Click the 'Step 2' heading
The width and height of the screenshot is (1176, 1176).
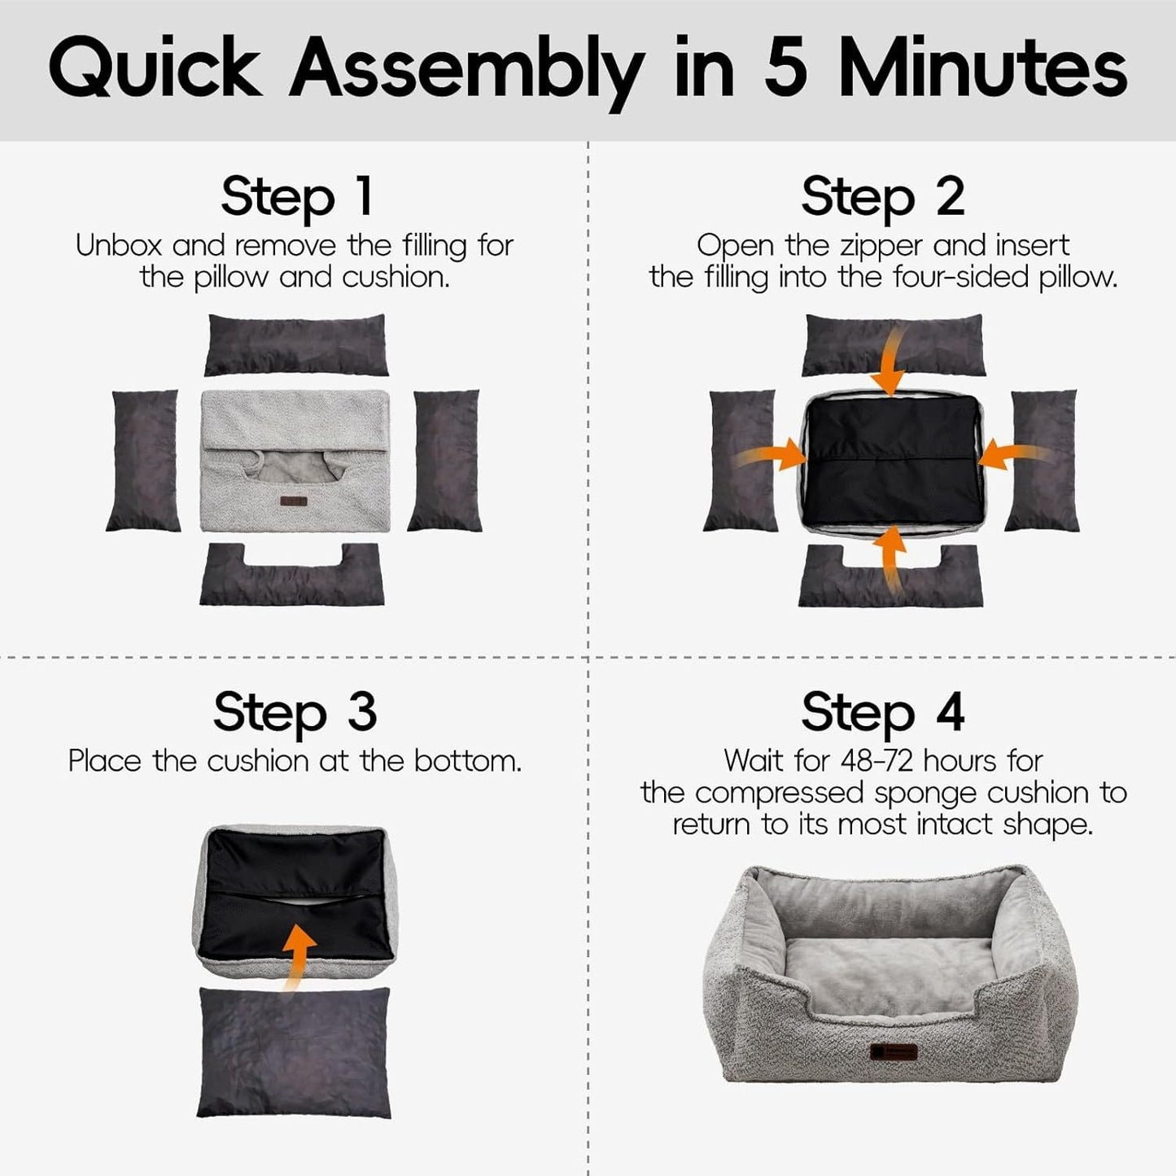click(x=882, y=197)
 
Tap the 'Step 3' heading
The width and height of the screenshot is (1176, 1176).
click(x=295, y=712)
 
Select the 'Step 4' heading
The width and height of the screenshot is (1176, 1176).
click(x=882, y=712)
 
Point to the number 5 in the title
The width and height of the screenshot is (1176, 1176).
click(x=785, y=69)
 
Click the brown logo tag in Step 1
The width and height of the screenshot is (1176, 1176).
click(x=293, y=501)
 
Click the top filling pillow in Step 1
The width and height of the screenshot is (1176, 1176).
click(x=296, y=344)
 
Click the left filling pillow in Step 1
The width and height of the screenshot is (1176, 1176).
click(x=143, y=461)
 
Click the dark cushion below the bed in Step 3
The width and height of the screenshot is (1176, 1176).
click(x=294, y=1051)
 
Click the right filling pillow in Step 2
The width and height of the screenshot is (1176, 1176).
click(x=1044, y=461)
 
